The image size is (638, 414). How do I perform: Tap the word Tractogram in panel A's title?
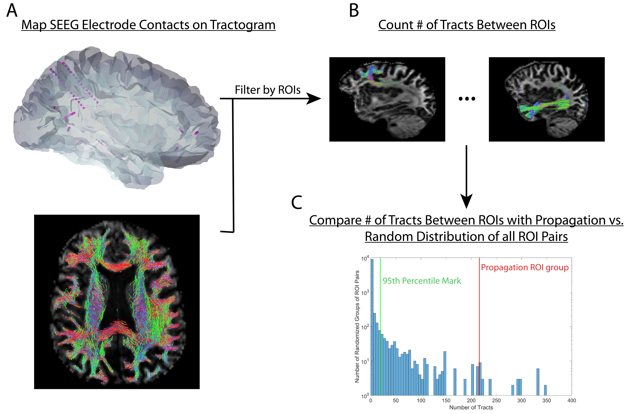coord(243,25)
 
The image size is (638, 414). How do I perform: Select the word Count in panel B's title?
coord(395,25)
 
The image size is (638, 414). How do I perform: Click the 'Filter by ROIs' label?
coord(268,90)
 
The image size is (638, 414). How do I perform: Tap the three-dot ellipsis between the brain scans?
coord(467,99)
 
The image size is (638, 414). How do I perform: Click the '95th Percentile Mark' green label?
coord(422,281)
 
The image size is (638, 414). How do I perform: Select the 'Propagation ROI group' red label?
coord(525,267)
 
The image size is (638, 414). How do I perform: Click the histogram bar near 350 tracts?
coord(545,390)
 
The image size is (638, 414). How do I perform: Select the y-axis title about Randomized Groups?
coord(357,326)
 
